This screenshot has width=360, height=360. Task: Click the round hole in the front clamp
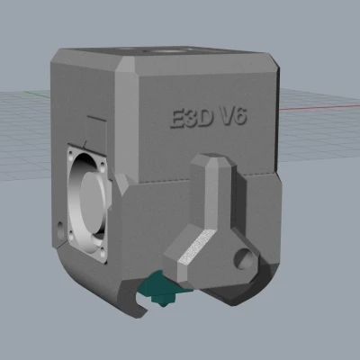click(x=244, y=261)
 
